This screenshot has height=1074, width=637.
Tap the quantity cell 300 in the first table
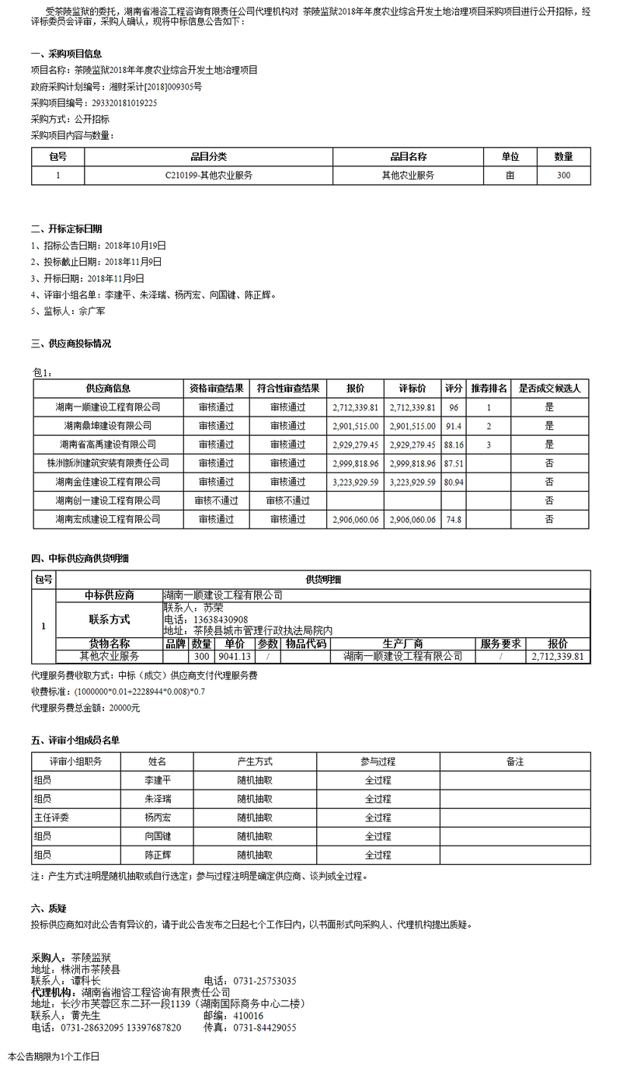tap(563, 176)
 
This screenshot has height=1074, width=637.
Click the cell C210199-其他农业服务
tap(208, 176)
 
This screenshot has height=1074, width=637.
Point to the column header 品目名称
tap(408, 157)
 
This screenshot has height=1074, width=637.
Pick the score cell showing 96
tap(454, 407)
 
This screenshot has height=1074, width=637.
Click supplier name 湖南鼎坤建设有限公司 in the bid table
tap(108, 426)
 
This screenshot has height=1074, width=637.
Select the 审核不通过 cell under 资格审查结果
tap(216, 500)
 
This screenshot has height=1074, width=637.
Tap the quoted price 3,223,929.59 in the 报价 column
tap(355, 482)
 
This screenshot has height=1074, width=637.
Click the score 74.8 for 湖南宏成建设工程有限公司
tap(454, 519)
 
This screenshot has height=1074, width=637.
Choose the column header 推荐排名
tap(489, 388)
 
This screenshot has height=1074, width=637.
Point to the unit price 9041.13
tap(235, 656)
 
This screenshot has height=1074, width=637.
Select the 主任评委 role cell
tap(52, 818)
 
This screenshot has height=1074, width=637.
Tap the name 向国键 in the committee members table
tap(158, 836)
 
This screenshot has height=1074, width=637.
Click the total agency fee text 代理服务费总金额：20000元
tap(85, 708)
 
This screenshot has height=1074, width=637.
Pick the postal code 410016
tap(249, 1016)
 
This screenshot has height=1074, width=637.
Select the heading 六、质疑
tap(48, 908)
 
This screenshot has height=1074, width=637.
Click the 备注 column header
tap(514, 762)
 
